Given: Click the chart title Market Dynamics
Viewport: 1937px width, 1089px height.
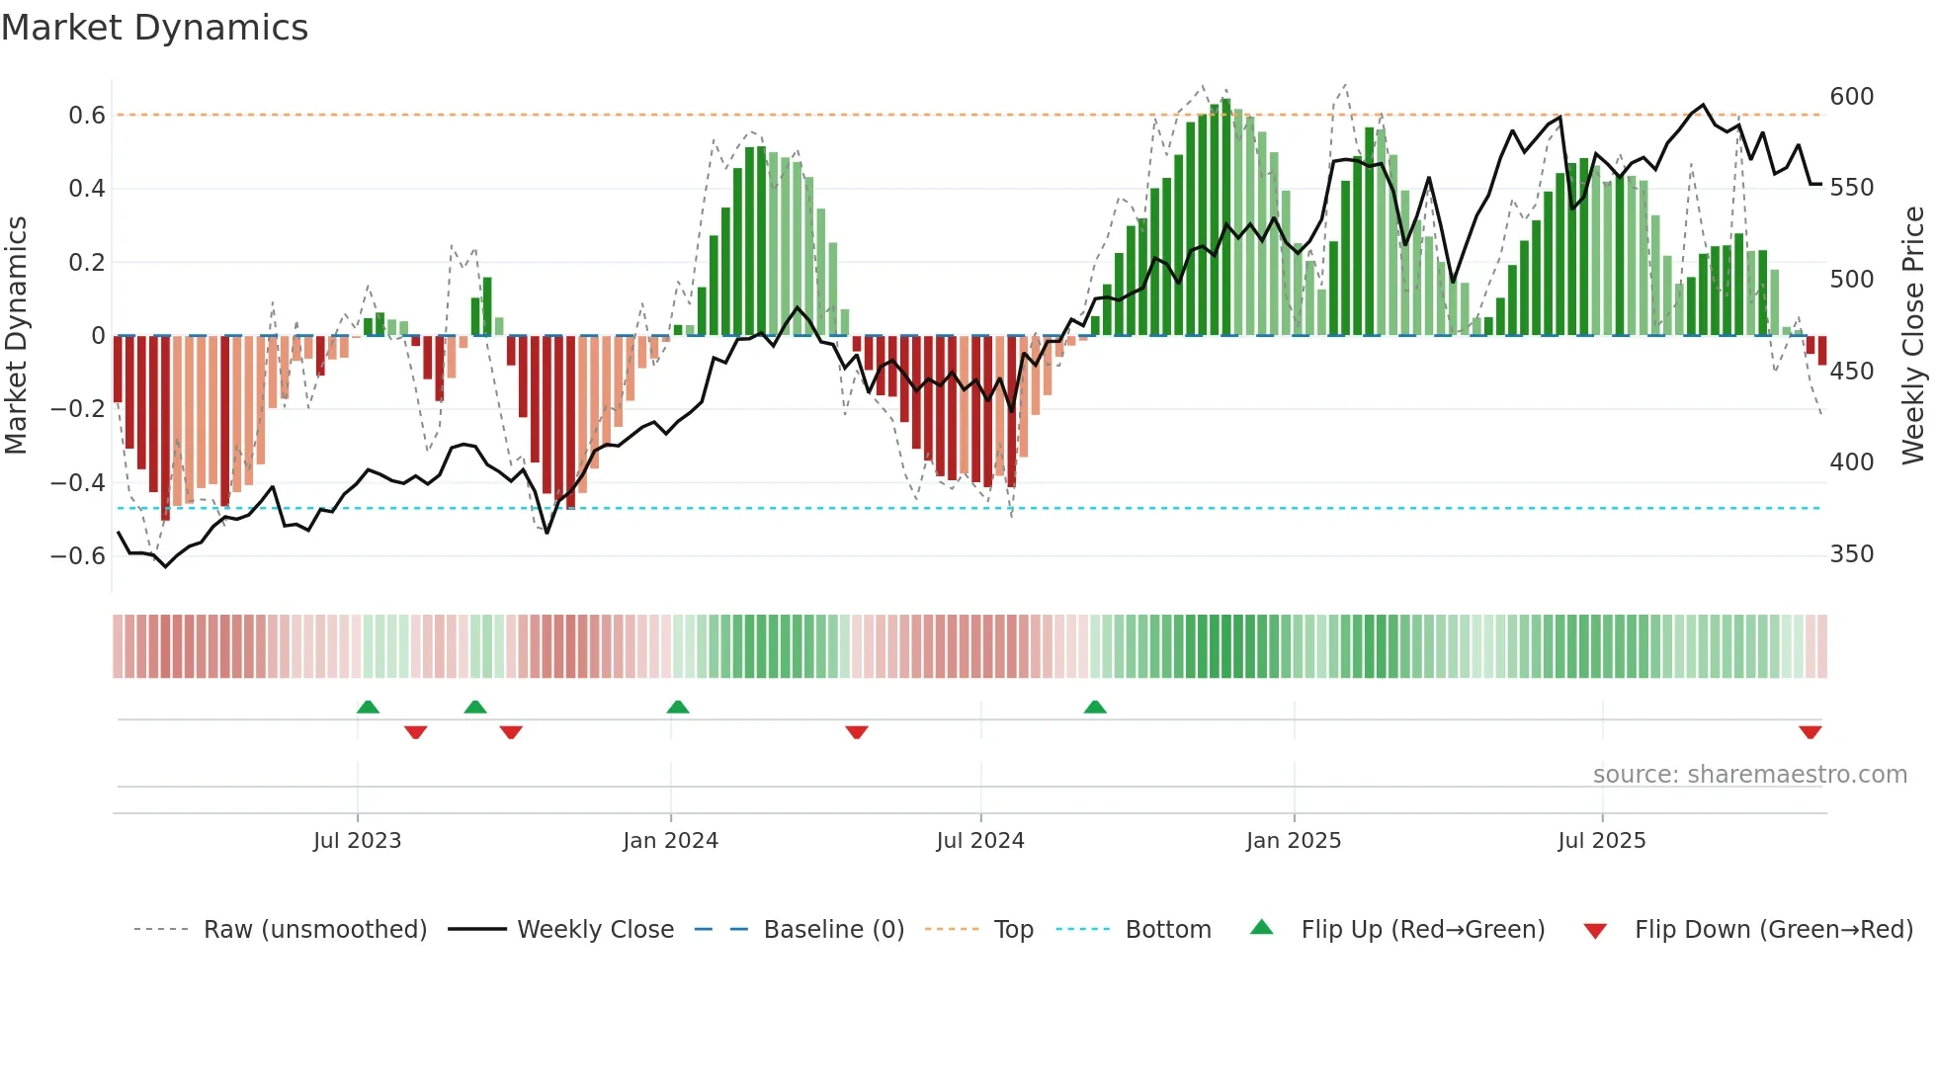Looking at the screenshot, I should (154, 28).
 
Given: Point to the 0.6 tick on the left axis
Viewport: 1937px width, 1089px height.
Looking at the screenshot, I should (87, 116).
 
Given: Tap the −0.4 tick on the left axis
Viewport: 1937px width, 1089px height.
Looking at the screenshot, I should (78, 483).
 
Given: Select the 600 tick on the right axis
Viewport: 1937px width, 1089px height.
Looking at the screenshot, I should (1851, 97).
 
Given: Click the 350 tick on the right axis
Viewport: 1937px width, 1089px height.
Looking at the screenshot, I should (1851, 554).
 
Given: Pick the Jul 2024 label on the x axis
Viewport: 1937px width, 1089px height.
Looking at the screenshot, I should (979, 841).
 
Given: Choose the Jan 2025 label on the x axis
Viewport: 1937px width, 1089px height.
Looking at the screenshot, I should (1293, 841).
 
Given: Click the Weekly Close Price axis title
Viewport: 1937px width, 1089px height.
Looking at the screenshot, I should (1913, 336).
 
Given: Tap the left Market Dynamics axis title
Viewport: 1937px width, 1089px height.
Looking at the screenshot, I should (16, 336).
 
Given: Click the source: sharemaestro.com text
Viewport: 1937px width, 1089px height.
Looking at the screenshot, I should (1749, 775).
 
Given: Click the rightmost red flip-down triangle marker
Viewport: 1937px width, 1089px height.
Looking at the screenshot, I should (1810, 732).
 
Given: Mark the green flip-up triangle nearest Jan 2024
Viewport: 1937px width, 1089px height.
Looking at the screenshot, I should (677, 708).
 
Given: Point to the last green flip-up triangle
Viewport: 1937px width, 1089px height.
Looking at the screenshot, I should (1094, 708).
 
